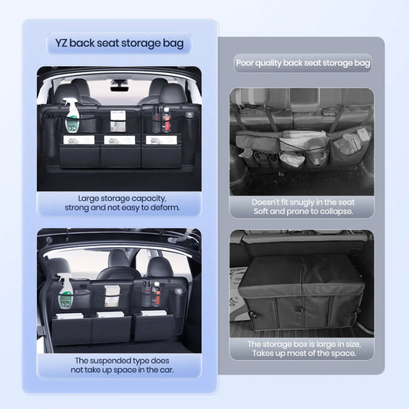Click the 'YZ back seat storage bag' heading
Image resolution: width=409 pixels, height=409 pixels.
(x=119, y=43)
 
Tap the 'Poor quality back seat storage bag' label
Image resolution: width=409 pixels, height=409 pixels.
(x=302, y=64)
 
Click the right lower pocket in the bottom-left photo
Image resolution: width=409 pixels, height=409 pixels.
(x=157, y=327)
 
